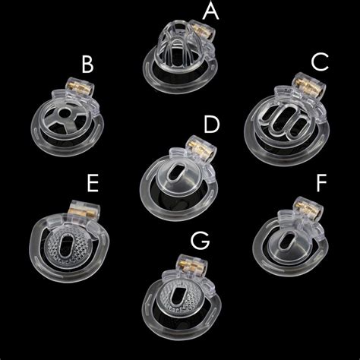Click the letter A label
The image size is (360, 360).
pos(232,12)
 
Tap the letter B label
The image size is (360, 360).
pos(87,67)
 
